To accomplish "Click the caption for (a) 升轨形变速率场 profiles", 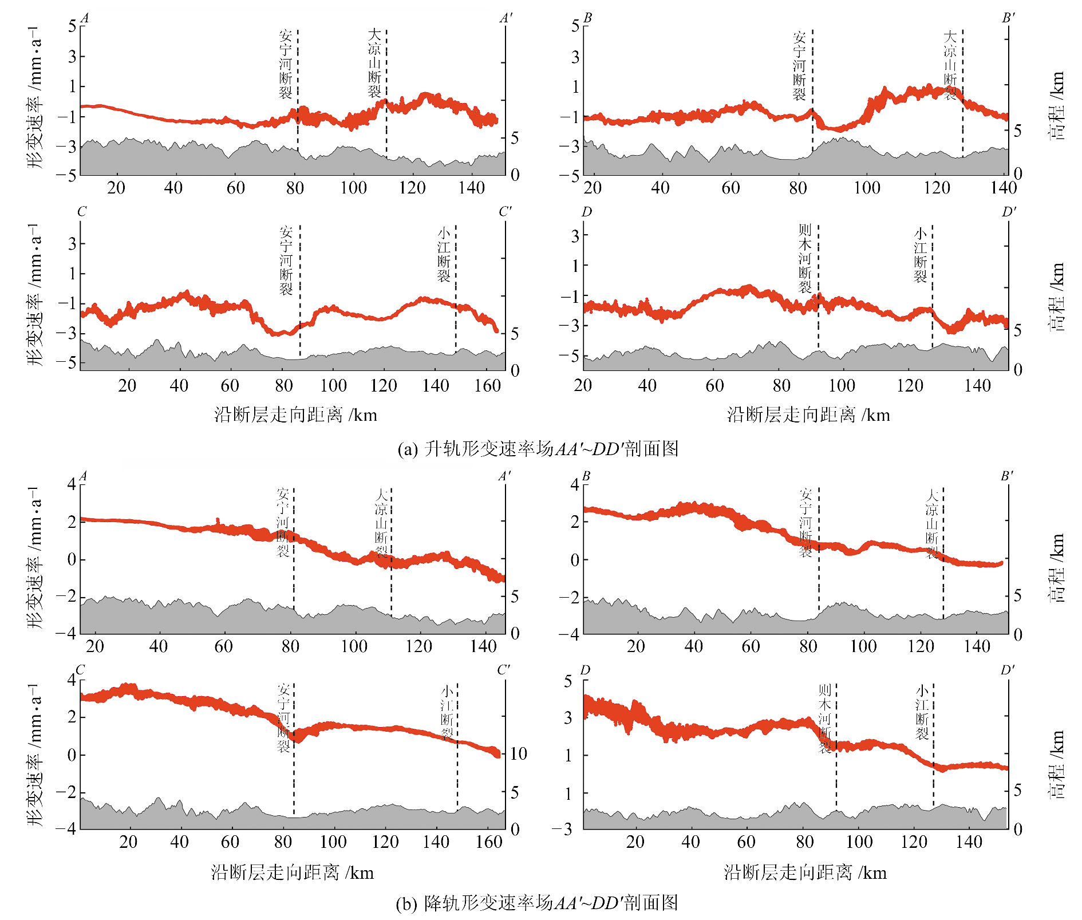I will [538, 449].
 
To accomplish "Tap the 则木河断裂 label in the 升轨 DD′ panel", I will [805, 259].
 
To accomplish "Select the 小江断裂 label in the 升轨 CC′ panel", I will [444, 254].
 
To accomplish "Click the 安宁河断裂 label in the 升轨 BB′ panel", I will [799, 66].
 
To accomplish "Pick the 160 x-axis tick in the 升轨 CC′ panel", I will [488, 385].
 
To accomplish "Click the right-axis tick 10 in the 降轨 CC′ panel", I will [518, 753].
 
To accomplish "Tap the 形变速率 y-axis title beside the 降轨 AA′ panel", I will [35, 558].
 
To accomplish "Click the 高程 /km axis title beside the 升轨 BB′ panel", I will [1057, 106].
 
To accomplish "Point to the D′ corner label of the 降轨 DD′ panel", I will [1008, 670].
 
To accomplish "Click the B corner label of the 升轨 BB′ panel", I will [587, 18].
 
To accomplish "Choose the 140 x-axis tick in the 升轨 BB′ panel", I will [1004, 188].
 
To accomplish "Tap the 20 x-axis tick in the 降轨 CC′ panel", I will [128, 842].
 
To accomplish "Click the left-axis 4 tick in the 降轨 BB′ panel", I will [575, 485].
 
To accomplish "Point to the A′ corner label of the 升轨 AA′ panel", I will [506, 18].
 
